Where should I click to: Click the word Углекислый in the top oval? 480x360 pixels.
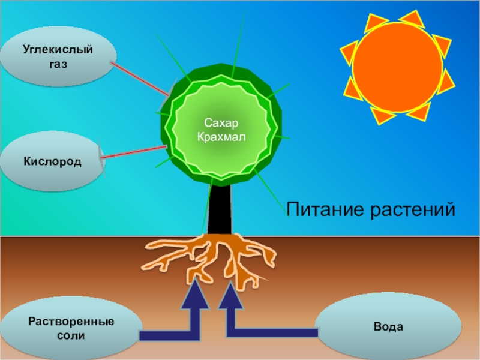58,49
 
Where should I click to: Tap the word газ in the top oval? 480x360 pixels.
58,62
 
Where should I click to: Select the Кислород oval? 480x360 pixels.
53,161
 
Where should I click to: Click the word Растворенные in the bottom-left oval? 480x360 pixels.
71,322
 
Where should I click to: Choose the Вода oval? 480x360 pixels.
388,328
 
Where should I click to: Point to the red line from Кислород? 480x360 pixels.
133,152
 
